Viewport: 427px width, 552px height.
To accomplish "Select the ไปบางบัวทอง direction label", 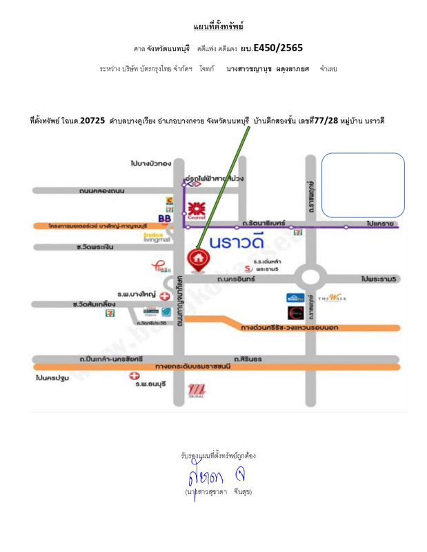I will point(150,164).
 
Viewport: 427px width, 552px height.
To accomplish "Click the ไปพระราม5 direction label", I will point(379,279).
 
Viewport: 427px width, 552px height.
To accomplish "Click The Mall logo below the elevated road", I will point(196,391).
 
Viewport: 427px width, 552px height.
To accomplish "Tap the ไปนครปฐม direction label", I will point(50,378).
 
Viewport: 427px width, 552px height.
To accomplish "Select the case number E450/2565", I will point(278,48).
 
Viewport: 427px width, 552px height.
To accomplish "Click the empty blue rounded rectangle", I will point(363,185).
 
